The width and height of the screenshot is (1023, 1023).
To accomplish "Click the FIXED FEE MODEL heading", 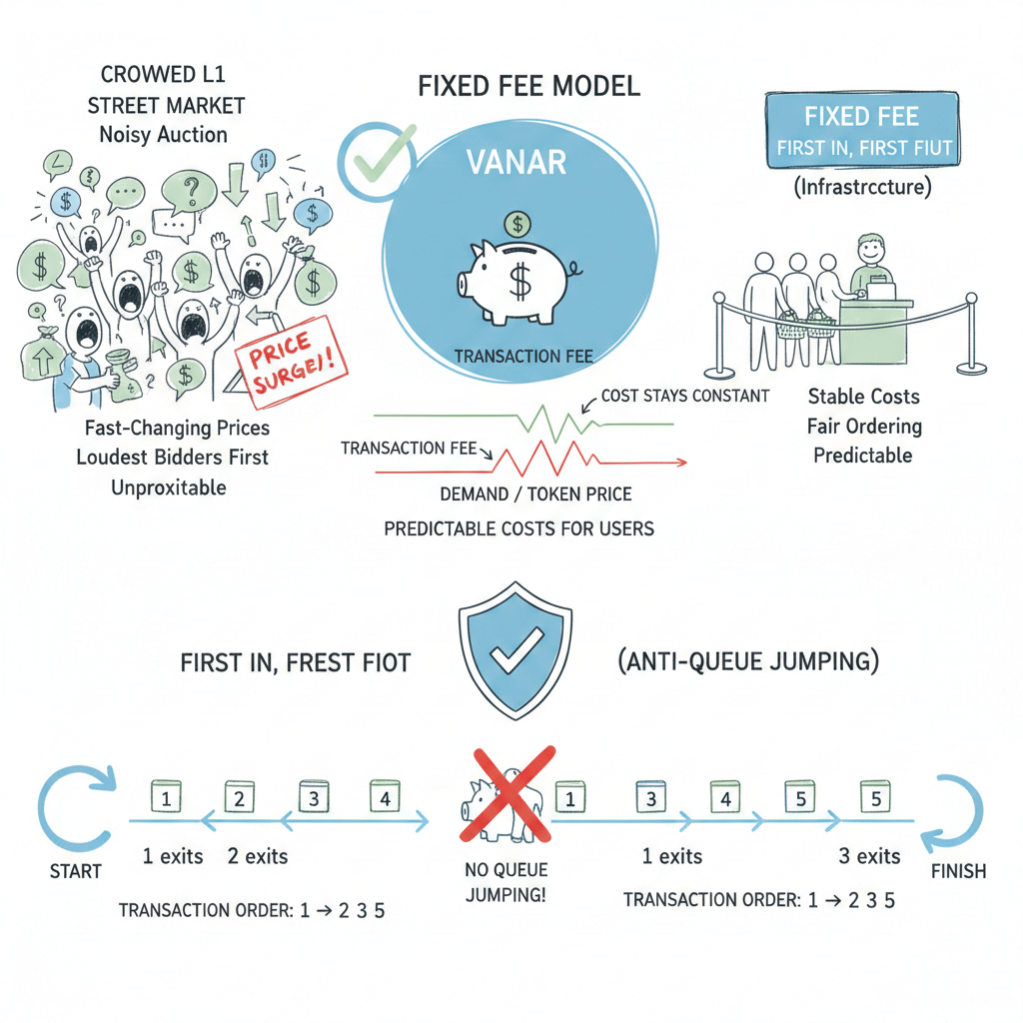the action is coord(528,86).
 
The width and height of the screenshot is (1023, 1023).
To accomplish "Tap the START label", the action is coord(76,871).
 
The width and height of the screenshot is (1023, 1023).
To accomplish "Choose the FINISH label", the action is coord(958,870).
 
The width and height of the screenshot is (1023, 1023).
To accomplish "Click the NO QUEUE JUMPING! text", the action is coord(506,881).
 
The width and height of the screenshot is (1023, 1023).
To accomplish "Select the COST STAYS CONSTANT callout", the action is coord(685,396).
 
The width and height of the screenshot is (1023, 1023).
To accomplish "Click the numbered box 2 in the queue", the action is coord(239,798).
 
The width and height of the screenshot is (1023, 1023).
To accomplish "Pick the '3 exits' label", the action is coord(869,856).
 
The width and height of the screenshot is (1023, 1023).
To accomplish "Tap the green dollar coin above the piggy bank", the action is coord(517,223).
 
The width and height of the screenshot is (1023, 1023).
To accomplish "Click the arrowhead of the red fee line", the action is coord(681,463).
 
